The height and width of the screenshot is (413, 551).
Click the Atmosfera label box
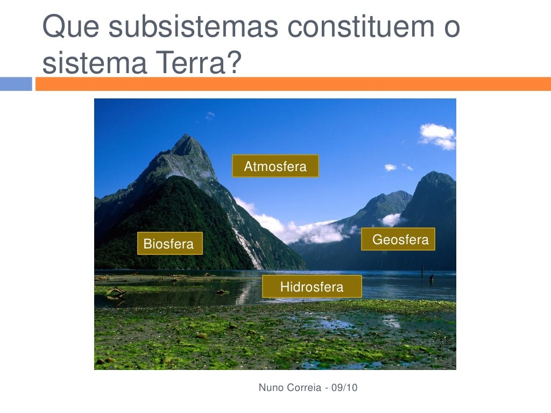click(x=275, y=166)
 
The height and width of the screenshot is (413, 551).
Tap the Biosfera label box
click(x=169, y=244)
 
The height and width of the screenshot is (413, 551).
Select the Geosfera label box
click(x=398, y=239)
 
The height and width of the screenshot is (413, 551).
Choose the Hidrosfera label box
click(x=312, y=287)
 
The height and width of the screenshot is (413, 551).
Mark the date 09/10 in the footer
click(x=345, y=387)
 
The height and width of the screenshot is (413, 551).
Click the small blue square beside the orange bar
click(x=16, y=84)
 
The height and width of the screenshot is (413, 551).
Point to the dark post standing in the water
click(x=432, y=279)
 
